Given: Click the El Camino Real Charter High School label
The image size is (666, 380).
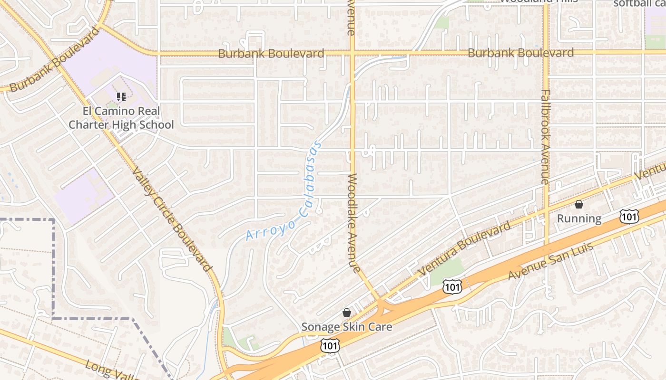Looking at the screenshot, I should pyautogui.click(x=121, y=118).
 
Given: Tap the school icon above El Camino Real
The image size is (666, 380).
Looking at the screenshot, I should pyautogui.click(x=121, y=97).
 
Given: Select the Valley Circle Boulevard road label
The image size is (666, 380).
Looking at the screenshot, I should pyautogui.click(x=171, y=219).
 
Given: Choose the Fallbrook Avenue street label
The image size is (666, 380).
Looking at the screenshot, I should pyautogui.click(x=545, y=137).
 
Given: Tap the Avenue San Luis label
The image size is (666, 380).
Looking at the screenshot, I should pyautogui.click(x=551, y=261).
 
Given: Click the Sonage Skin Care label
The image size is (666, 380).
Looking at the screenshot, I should pyautogui.click(x=347, y=327).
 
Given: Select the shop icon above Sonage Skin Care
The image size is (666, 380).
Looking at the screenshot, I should pyautogui.click(x=347, y=313).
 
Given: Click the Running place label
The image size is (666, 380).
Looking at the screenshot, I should pyautogui.click(x=579, y=218).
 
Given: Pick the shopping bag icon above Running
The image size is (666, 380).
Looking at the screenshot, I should pyautogui.click(x=579, y=204).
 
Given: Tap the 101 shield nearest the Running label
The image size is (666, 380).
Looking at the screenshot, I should pyautogui.click(x=629, y=217).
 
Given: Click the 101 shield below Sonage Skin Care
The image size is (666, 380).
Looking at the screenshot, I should pyautogui.click(x=330, y=346).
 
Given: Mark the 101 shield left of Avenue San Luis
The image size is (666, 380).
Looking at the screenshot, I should pyautogui.click(x=451, y=286).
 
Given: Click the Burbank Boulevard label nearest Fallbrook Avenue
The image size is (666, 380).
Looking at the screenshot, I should pyautogui.click(x=521, y=53).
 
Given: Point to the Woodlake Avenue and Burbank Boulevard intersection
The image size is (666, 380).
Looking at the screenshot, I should pyautogui.click(x=353, y=53).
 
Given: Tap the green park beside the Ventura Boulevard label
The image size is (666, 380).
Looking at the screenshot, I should pyautogui.click(x=448, y=269).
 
